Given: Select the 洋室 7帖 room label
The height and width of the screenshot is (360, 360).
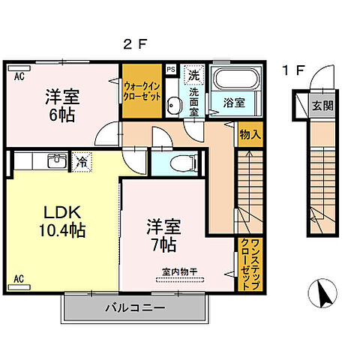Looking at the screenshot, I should pyautogui.click(x=162, y=233).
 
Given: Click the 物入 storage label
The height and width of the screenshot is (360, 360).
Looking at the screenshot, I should pyautogui.click(x=250, y=136).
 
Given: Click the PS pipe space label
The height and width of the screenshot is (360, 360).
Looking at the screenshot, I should pyautogui.click(x=171, y=69).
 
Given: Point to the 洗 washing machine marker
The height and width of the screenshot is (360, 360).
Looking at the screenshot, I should pyautogui.click(x=193, y=75).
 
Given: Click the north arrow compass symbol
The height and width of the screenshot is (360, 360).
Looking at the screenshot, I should pyautogui.click(x=323, y=292).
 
